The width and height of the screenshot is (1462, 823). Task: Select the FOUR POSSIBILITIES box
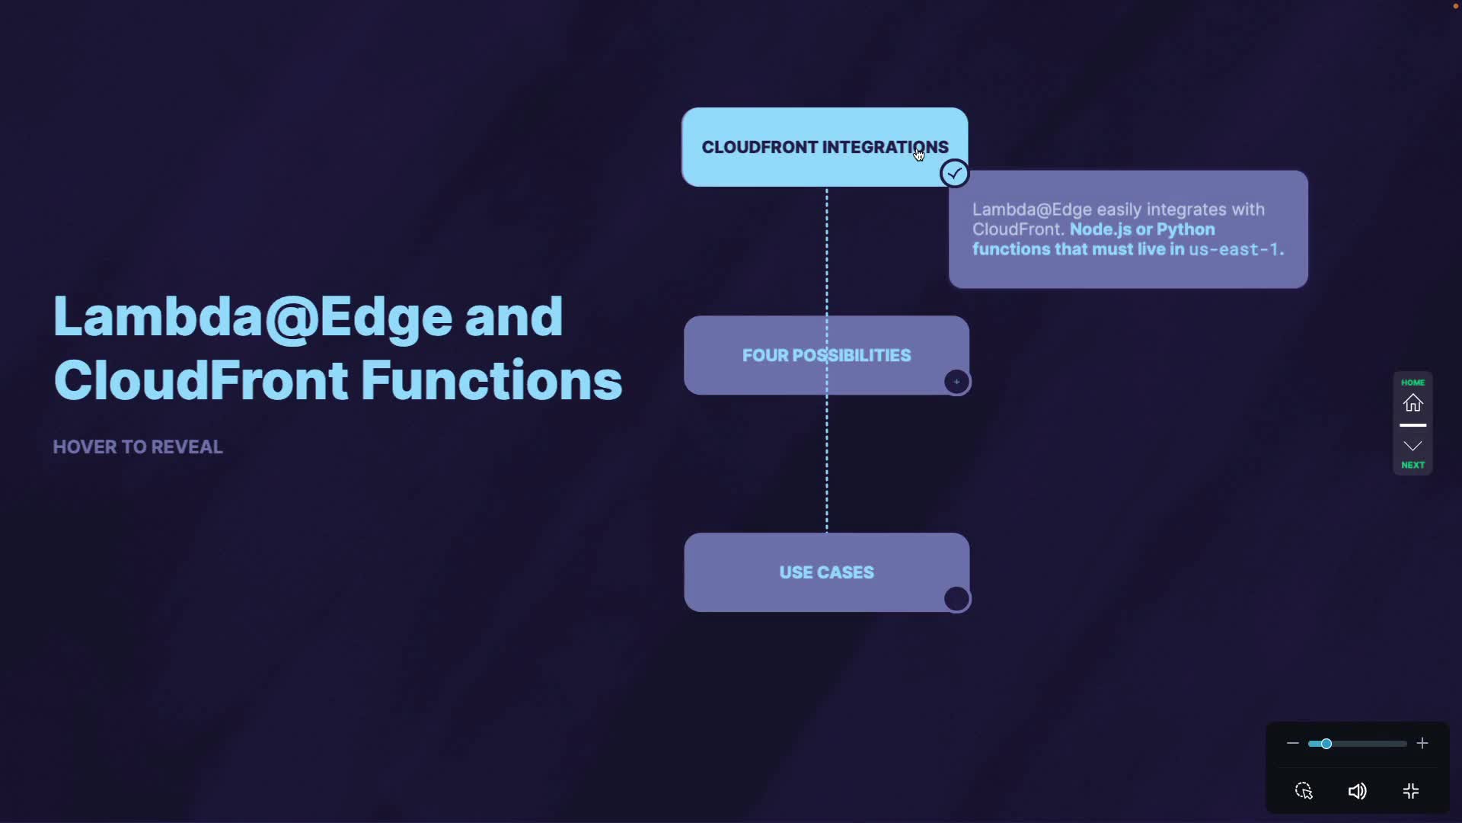point(826,355)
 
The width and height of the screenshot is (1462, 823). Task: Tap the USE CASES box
point(826,572)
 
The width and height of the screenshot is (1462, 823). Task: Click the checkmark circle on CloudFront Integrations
point(954,174)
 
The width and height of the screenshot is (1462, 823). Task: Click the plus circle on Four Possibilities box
point(956,382)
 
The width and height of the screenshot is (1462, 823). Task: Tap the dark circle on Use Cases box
point(956,599)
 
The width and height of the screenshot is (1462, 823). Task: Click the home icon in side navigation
point(1413,403)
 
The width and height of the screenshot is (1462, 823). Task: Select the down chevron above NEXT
point(1413,446)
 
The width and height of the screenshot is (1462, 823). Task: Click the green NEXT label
point(1413,465)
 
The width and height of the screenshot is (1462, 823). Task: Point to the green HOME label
point(1413,383)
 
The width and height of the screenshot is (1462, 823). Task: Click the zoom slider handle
point(1326,744)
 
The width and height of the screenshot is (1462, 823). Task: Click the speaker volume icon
point(1357,792)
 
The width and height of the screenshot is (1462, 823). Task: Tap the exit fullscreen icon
point(1411,792)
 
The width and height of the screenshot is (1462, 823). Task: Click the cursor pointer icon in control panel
point(1304,791)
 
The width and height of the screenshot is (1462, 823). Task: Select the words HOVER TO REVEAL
point(138,447)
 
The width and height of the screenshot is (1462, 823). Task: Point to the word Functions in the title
point(491,380)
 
